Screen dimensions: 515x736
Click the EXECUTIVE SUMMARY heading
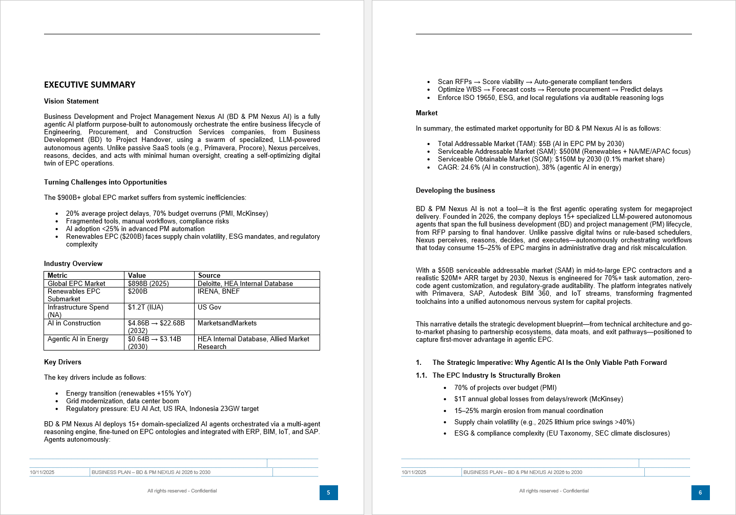coord(90,85)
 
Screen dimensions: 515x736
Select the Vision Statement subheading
coord(71,101)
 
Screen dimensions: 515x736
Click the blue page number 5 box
coord(328,492)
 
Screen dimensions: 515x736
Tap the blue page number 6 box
coord(700,492)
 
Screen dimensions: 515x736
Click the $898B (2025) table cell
coord(148,283)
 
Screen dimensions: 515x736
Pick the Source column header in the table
coord(209,275)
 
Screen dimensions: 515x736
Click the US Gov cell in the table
coord(209,307)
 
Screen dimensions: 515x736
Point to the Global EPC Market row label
coord(76,283)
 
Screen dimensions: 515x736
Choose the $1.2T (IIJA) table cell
coord(145,307)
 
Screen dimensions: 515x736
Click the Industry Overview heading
coord(73,264)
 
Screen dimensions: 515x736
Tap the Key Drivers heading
coord(62,362)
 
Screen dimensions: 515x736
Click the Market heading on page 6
coord(427,113)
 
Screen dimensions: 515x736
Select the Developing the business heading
coord(455,191)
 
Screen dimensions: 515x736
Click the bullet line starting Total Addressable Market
coord(531,144)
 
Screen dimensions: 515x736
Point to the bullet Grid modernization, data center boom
coord(122,401)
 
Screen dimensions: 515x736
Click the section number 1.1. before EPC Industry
coord(421,376)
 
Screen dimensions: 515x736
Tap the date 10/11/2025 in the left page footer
coord(42,472)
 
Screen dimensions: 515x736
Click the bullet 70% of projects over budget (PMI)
coord(505,388)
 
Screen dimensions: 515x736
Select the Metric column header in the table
coord(57,275)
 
